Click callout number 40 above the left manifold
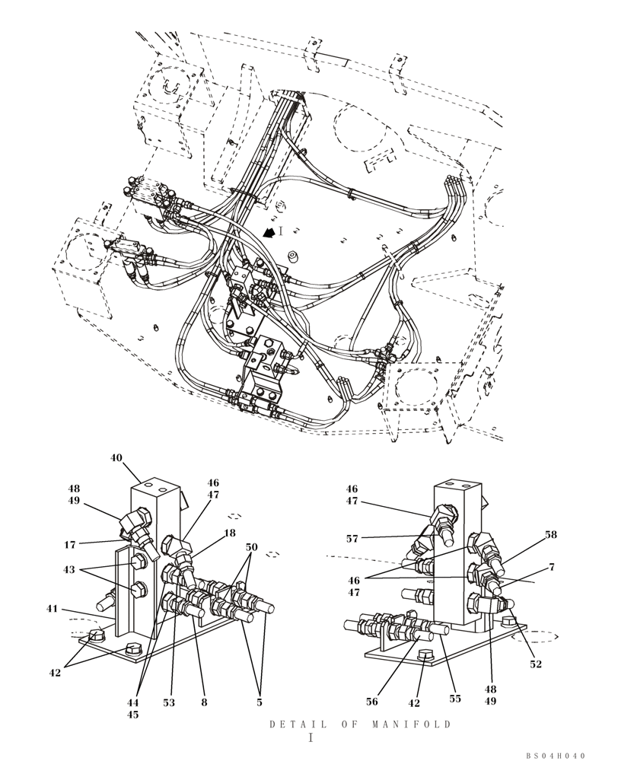pos(116,458)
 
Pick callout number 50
pos(252,547)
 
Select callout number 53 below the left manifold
pos(169,702)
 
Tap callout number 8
pos(204,702)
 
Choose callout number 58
pos(550,535)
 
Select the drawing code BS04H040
pos(556,756)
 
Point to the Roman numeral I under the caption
pos(310,738)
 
